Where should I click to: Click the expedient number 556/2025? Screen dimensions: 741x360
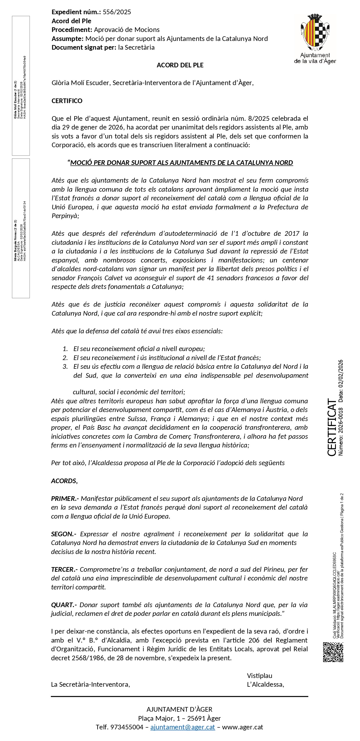pos(117,12)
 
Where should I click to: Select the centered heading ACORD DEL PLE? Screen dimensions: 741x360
pos(180,65)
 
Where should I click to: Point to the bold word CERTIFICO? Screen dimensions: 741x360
pos(67,101)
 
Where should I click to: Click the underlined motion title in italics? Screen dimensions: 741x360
pos(181,163)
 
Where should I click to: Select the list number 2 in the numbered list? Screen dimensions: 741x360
pos(65,358)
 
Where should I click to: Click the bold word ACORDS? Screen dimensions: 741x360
pos(64,481)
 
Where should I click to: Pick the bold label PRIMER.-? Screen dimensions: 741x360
pos(65,499)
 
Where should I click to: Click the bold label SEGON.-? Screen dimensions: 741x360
pos(64,534)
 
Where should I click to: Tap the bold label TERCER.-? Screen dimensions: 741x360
pos(65,569)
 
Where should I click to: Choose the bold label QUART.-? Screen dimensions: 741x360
pos(64,605)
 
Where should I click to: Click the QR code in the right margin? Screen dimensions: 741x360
pos(333,652)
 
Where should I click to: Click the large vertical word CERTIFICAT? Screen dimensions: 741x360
pos(332,427)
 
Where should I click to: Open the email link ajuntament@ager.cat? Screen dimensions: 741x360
pos(183,727)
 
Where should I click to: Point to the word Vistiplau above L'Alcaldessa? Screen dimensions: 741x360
pos(260,676)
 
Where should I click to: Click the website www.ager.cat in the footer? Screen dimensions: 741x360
pos(242,727)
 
